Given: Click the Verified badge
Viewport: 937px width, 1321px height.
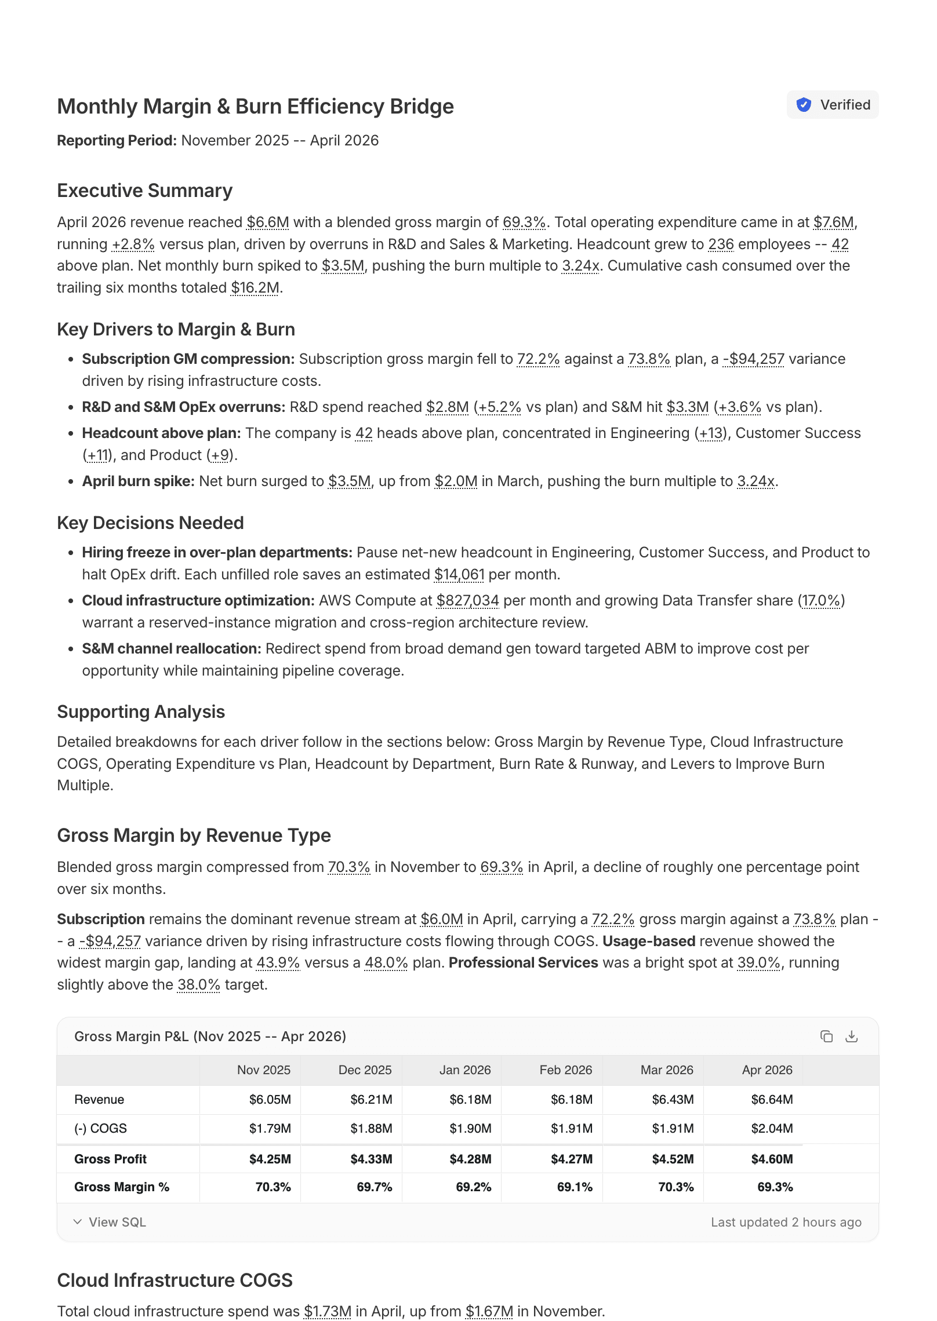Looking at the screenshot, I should tap(832, 105).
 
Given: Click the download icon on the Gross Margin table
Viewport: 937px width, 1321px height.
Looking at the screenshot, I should tap(851, 1036).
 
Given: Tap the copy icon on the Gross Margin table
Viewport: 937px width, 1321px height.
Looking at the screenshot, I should tap(826, 1036).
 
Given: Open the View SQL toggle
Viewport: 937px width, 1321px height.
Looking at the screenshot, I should tap(110, 1222).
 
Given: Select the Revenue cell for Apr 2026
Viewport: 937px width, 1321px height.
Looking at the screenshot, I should tap(772, 1099).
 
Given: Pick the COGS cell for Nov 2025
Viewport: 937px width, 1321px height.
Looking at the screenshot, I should tap(270, 1128).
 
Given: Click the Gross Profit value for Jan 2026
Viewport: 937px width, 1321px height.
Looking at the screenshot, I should tap(470, 1159).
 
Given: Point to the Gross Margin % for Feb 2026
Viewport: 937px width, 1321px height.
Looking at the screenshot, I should tap(575, 1187).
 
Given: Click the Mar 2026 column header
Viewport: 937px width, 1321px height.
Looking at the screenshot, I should tap(667, 1070).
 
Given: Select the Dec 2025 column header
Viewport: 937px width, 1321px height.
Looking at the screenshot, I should tap(365, 1070).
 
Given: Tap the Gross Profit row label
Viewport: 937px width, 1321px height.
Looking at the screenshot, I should tap(110, 1159).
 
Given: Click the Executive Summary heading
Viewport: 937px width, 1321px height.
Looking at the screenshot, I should tap(144, 191).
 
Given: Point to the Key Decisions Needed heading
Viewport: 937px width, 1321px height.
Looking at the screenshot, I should tap(150, 523).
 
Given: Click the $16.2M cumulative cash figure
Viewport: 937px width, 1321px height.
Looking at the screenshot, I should tap(255, 287).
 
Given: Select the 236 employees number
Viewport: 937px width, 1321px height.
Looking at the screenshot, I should tap(721, 244).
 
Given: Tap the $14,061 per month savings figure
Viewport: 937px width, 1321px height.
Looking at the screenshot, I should tap(459, 574).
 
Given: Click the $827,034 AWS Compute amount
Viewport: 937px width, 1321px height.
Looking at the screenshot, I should tap(467, 600).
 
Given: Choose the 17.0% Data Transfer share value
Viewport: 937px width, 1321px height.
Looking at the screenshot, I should tap(821, 600).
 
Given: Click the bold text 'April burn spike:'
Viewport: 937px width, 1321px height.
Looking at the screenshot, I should tap(138, 481).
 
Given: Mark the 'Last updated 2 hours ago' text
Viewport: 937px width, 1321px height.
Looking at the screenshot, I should tap(786, 1222).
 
